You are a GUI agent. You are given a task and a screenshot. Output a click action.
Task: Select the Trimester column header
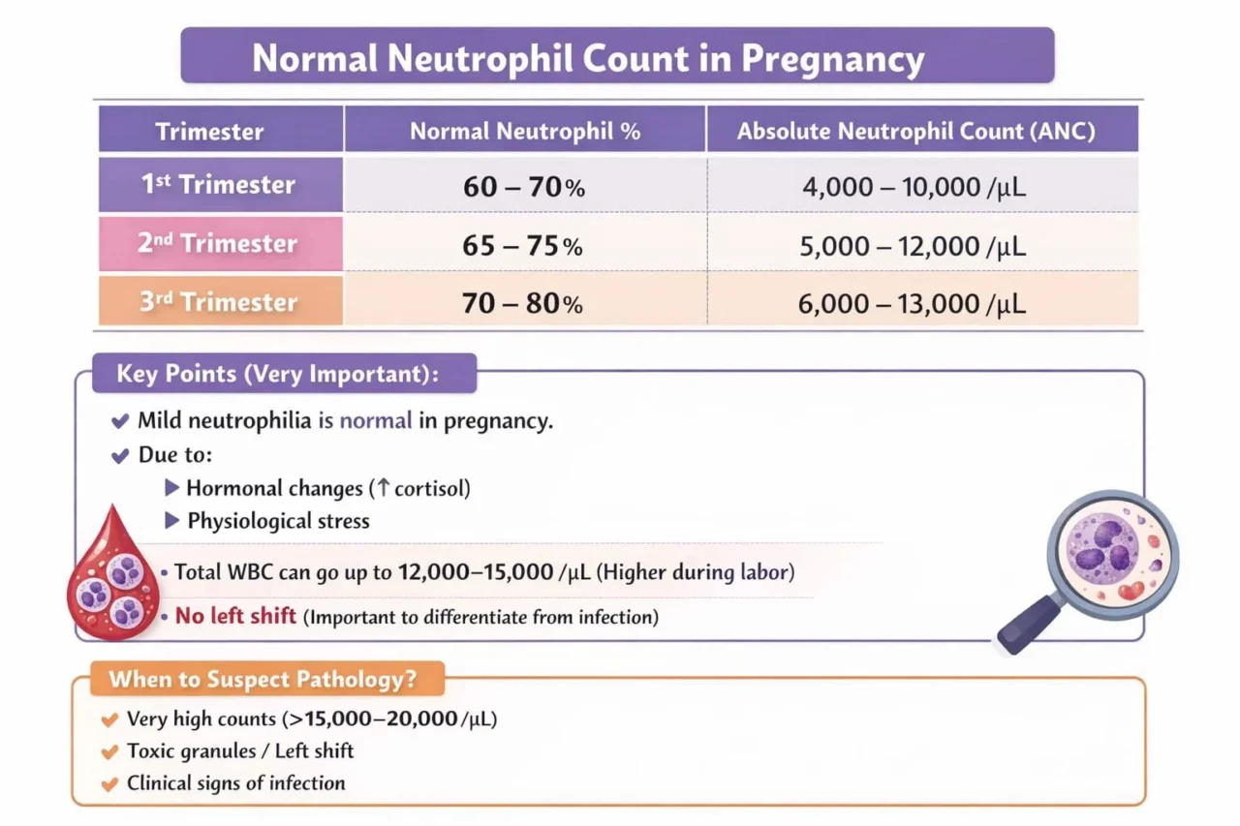(x=209, y=132)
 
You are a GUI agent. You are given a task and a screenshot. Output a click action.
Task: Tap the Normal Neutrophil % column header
(x=525, y=132)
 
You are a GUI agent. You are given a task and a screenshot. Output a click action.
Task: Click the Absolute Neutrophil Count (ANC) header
(x=915, y=132)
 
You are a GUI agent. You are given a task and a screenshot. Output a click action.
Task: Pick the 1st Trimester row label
(x=219, y=185)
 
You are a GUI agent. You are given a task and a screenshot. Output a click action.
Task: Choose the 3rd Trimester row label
(x=218, y=302)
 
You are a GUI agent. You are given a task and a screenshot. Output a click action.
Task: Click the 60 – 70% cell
(x=524, y=187)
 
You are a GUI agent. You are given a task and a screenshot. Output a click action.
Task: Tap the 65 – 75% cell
(x=524, y=246)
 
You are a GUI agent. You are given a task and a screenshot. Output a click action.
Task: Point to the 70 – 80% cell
(x=524, y=304)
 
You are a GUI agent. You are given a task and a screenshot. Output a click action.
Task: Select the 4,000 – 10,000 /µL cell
(x=914, y=187)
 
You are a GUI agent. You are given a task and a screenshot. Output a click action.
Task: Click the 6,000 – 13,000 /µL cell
(x=914, y=304)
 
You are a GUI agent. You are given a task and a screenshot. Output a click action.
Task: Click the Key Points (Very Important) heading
(x=277, y=374)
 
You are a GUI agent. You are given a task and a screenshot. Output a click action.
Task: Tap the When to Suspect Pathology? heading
(x=263, y=679)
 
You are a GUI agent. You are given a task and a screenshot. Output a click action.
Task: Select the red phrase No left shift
(x=235, y=616)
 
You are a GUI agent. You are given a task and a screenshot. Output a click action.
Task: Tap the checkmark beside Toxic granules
(x=109, y=750)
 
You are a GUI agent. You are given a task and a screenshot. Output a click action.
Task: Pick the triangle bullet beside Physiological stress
(x=171, y=521)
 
